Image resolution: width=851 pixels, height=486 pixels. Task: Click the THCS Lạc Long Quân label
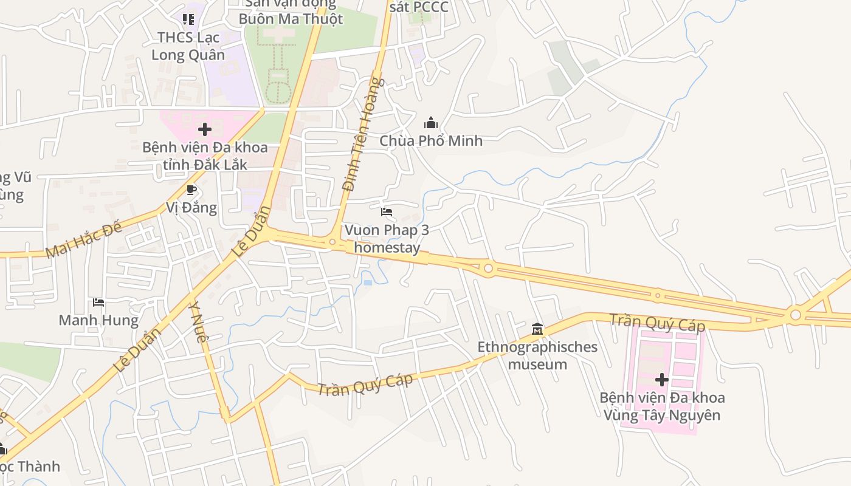pyautogui.click(x=188, y=46)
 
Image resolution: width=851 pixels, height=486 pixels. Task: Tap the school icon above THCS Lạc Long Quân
pyautogui.click(x=188, y=19)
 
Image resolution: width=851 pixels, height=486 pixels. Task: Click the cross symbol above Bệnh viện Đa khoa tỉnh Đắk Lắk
pyautogui.click(x=205, y=129)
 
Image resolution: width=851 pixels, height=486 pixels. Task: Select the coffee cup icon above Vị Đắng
pyautogui.click(x=191, y=190)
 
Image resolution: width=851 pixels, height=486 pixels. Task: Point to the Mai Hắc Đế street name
pyautogui.click(x=83, y=240)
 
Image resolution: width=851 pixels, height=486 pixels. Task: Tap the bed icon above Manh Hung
pyautogui.click(x=98, y=302)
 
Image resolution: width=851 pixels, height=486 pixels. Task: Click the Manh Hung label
pyautogui.click(x=98, y=320)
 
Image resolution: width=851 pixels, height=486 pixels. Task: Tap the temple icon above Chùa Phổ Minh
pyautogui.click(x=431, y=123)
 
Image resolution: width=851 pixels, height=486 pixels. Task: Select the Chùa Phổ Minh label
pyautogui.click(x=431, y=141)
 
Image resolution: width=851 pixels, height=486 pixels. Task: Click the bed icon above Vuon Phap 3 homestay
pyautogui.click(x=387, y=212)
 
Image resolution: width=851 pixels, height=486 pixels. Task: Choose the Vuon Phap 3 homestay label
pyautogui.click(x=387, y=239)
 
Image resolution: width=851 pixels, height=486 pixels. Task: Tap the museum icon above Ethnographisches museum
pyautogui.click(x=537, y=329)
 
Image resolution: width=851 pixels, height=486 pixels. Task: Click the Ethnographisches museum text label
pyautogui.click(x=537, y=356)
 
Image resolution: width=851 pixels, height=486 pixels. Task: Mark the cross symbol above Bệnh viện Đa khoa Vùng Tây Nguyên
pyautogui.click(x=662, y=380)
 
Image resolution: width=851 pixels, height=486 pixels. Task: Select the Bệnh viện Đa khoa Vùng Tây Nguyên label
pyautogui.click(x=662, y=406)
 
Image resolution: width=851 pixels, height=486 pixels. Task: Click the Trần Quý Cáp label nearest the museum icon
pyautogui.click(x=657, y=323)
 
